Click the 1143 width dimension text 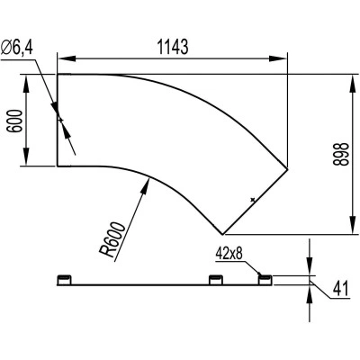click(173, 47)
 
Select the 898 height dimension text click(341, 154)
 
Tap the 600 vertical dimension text click(15, 121)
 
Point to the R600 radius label click(113, 239)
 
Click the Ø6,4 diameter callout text click(17, 47)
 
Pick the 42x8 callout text click(229, 255)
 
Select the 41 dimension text click(340, 289)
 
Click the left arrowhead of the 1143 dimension click(67, 58)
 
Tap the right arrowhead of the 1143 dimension click(278, 58)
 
